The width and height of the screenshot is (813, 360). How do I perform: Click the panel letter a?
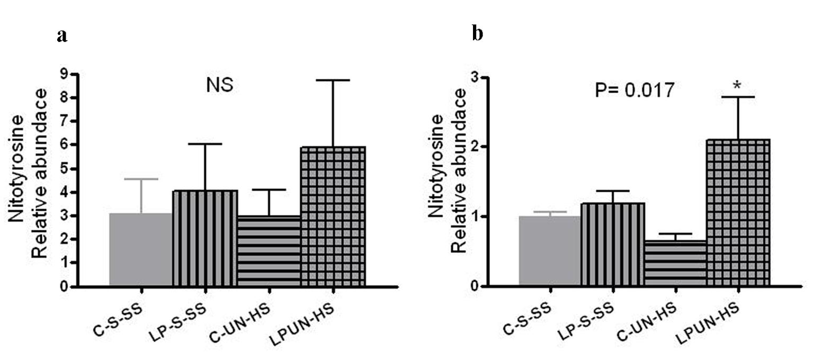pyautogui.click(x=63, y=35)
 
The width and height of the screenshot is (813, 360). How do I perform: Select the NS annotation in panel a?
pyautogui.click(x=220, y=85)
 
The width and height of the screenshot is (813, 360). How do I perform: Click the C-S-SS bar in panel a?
pyautogui.click(x=141, y=249)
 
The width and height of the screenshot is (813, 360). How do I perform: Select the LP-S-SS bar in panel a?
pyautogui.click(x=205, y=238)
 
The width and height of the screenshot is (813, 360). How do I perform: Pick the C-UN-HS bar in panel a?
pyautogui.click(x=269, y=251)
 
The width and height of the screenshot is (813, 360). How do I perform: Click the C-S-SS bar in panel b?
pyautogui.click(x=550, y=251)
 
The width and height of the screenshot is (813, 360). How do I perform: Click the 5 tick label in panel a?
pyautogui.click(x=68, y=169)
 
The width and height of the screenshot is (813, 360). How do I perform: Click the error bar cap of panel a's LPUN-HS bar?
pyautogui.click(x=333, y=80)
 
